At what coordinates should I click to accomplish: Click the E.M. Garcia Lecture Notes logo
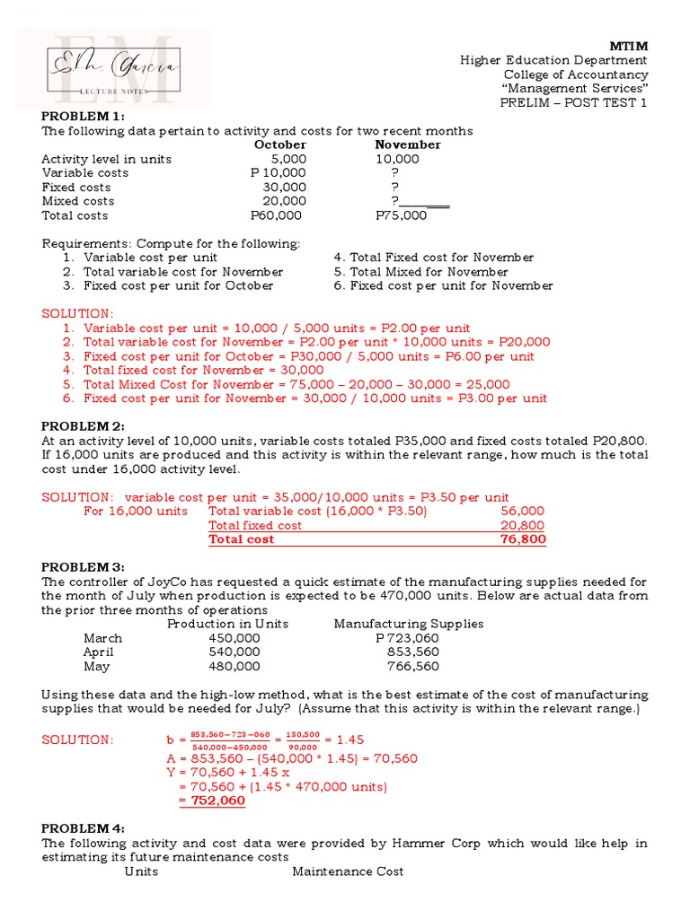[114, 67]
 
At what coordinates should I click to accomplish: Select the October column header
[279, 144]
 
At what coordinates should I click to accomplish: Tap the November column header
[408, 144]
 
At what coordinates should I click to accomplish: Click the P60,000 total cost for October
[276, 215]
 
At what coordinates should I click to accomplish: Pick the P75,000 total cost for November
[401, 215]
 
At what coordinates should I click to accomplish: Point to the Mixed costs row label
[78, 201]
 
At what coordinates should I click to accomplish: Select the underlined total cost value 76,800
[522, 539]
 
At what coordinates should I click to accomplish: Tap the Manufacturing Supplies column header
[408, 624]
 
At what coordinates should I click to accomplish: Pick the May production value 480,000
[234, 667]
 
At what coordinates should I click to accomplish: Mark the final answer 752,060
[212, 801]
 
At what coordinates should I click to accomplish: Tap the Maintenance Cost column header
[348, 871]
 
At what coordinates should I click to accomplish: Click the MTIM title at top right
[629, 46]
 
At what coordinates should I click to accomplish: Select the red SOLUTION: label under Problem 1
[78, 313]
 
